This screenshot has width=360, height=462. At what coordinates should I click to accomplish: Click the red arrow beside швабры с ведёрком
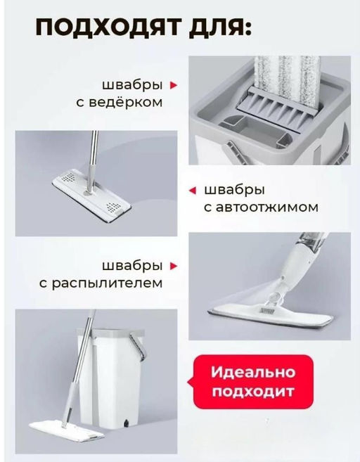(174, 85)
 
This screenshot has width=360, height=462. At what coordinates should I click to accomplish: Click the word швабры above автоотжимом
(234, 190)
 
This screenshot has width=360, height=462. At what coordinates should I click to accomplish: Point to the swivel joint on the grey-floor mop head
(87, 189)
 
